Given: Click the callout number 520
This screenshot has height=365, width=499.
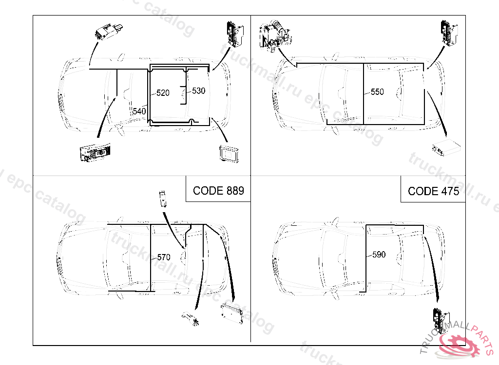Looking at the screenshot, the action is pyautogui.click(x=163, y=92).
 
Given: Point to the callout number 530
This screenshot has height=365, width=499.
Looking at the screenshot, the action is pyautogui.click(x=198, y=91).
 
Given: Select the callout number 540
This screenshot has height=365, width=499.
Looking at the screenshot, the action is pyautogui.click(x=139, y=111).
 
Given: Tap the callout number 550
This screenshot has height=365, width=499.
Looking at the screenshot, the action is pyautogui.click(x=377, y=91).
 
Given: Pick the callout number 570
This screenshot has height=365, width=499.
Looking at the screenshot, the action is pyautogui.click(x=163, y=257).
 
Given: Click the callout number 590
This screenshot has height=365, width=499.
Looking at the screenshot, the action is pyautogui.click(x=379, y=254).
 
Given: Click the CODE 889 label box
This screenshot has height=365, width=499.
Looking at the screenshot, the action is pyautogui.click(x=218, y=190).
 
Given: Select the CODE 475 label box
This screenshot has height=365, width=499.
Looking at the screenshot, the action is pyautogui.click(x=433, y=191).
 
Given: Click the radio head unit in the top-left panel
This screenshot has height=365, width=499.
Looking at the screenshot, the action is pyautogui.click(x=95, y=153).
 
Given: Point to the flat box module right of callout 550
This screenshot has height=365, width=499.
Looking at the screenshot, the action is pyautogui.click(x=445, y=146).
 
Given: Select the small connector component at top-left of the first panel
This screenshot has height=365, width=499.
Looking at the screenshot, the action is pyautogui.click(x=108, y=32).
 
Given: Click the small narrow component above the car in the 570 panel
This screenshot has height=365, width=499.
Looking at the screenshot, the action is pyautogui.click(x=162, y=199).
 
